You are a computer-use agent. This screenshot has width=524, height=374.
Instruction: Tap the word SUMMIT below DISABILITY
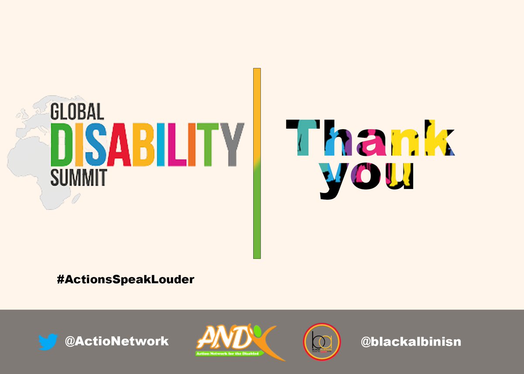coord(79,178)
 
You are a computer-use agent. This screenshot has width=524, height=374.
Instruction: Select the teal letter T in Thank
coord(302,137)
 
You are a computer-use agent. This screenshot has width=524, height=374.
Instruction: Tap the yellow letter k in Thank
coord(437,137)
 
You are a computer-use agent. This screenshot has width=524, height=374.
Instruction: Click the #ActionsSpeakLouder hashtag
coord(125,279)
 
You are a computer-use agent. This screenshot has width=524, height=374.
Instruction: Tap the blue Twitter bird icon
coord(48,342)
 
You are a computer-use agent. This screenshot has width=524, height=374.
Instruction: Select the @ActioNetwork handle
coord(117,341)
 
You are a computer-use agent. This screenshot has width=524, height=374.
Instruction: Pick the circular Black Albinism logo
coord(322,341)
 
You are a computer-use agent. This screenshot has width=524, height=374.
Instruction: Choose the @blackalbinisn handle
coord(411,341)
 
